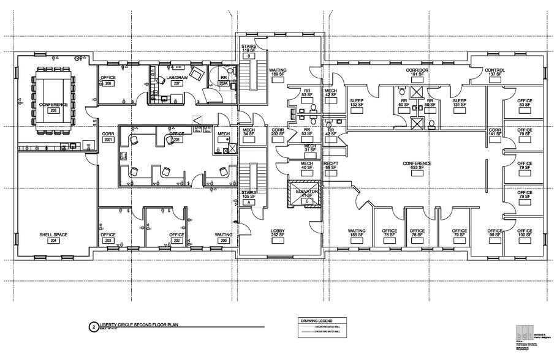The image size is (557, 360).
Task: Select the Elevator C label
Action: (306, 200)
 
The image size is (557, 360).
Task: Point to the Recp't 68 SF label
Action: (332, 166)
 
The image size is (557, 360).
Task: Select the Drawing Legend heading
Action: (317, 320)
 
